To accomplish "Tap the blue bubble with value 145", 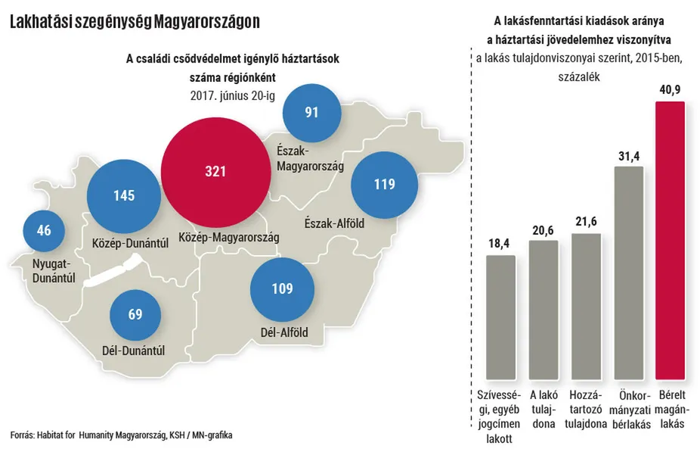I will (124, 196).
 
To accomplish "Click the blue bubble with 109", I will (282, 288).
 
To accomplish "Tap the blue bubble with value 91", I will (311, 112).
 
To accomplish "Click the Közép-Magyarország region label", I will (228, 238).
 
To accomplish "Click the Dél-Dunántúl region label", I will (133, 351).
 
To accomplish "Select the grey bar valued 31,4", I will (628, 273).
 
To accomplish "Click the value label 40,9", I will (670, 89).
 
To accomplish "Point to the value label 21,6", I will (586, 221).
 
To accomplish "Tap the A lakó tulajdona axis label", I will (544, 409).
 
